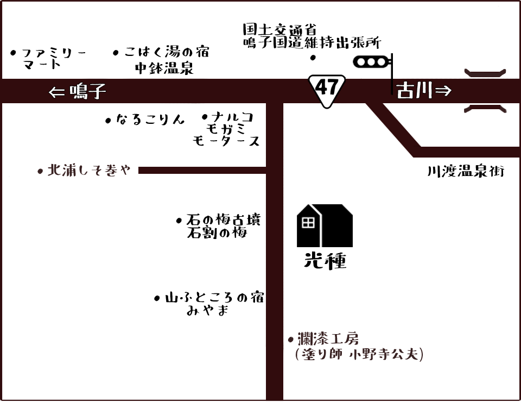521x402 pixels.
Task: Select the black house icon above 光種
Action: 325,226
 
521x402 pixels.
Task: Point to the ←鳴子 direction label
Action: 78,91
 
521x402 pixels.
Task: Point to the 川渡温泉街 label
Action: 466,172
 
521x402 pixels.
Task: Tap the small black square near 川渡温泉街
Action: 412,162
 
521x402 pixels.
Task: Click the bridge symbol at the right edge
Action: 486,91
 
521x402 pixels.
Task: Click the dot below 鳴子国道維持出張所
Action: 312,58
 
